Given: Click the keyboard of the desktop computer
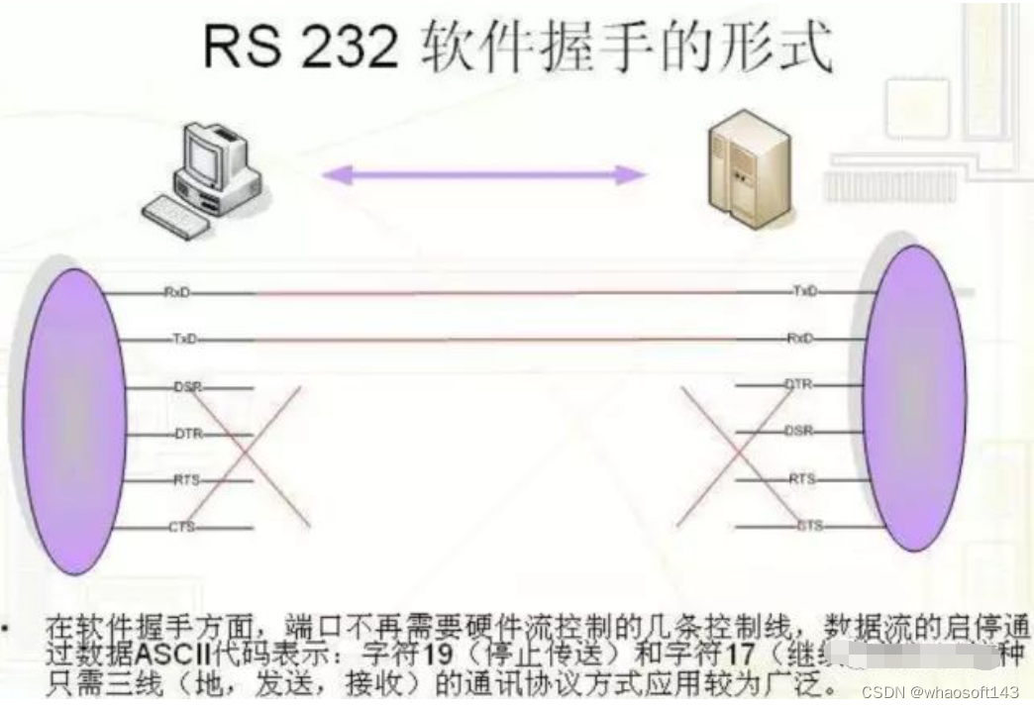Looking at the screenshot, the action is (x=175, y=214).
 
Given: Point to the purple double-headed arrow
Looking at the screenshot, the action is (x=484, y=175).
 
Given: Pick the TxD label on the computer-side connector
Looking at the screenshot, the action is (x=184, y=340).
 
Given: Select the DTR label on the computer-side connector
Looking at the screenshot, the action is (x=188, y=434).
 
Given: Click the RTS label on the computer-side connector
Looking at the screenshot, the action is (x=186, y=480).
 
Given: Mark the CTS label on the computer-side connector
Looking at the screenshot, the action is (x=182, y=527).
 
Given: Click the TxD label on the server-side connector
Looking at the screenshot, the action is (x=805, y=291).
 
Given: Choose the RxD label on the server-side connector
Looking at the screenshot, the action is (x=800, y=338).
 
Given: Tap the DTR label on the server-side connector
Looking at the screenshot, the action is (x=798, y=384).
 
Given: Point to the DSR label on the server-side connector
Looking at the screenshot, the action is (x=799, y=431).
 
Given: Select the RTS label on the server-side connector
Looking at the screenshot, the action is (x=801, y=478).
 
